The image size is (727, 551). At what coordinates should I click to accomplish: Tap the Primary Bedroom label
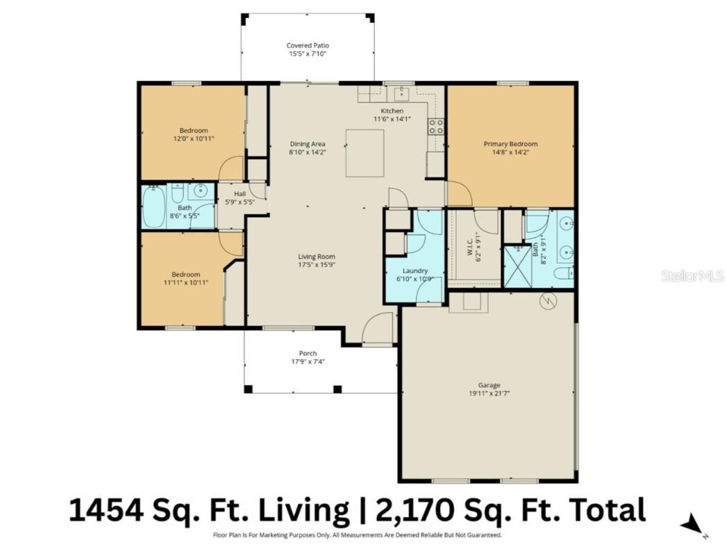click(510, 144)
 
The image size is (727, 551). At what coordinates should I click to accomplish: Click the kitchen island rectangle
click(365, 152)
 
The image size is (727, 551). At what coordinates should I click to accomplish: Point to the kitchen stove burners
click(436, 126)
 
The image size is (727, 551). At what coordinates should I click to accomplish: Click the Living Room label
click(316, 256)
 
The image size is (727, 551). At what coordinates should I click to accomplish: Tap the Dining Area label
click(307, 144)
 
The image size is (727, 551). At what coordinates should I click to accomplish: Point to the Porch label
click(307, 353)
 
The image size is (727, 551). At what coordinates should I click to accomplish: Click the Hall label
click(240, 194)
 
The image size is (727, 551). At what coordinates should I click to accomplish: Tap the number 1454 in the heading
click(107, 510)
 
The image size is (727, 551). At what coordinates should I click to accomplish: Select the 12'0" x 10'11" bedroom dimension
click(193, 138)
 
